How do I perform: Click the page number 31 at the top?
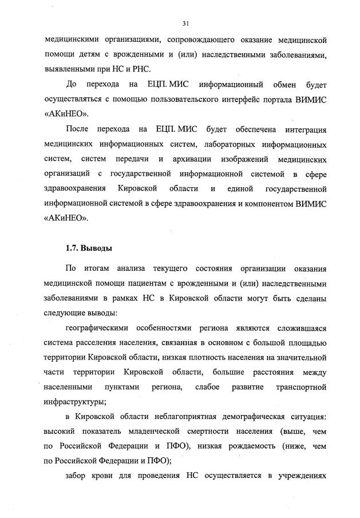(185, 23)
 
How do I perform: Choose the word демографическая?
(233, 416)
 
